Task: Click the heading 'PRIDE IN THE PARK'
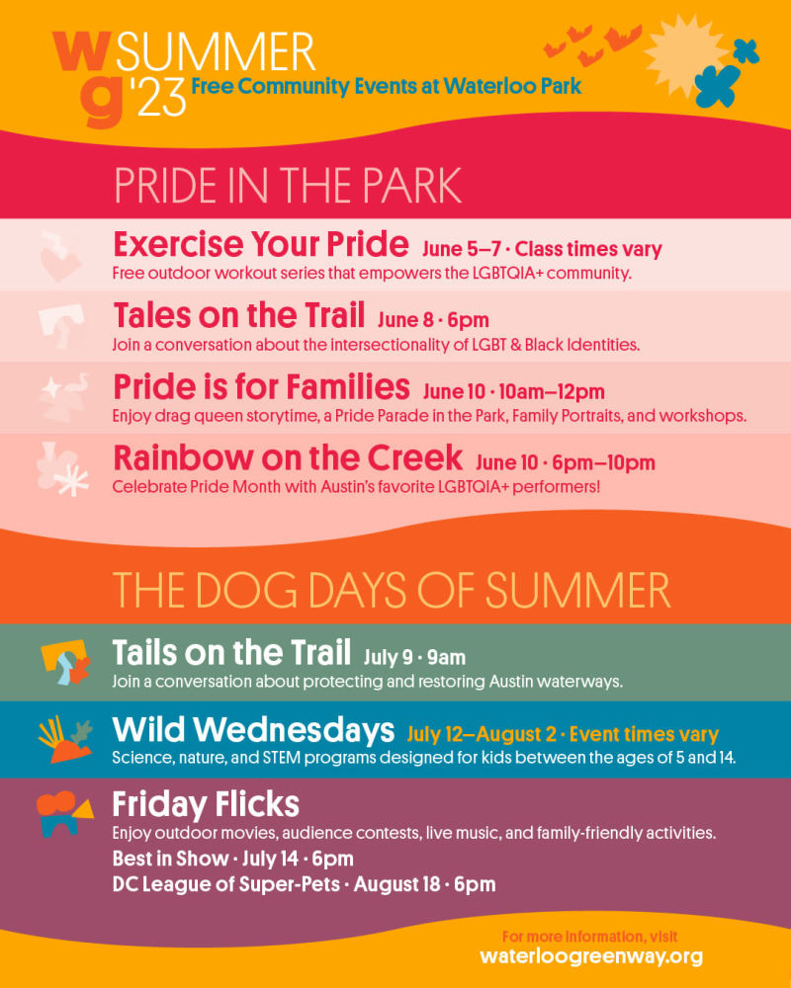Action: click(x=288, y=186)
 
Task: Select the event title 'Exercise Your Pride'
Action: click(x=261, y=243)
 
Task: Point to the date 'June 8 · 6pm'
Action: click(x=433, y=320)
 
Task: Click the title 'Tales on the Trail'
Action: click(x=238, y=316)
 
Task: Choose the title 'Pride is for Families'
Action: click(x=261, y=385)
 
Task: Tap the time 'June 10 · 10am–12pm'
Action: click(x=513, y=391)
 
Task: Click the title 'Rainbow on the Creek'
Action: click(x=288, y=457)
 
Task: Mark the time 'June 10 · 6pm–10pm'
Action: click(x=566, y=462)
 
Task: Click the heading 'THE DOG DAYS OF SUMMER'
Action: click(x=392, y=590)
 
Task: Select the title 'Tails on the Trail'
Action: click(x=231, y=653)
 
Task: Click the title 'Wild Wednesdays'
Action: click(x=253, y=730)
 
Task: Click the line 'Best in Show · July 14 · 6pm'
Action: click(x=232, y=858)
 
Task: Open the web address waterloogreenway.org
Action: click(x=591, y=956)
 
